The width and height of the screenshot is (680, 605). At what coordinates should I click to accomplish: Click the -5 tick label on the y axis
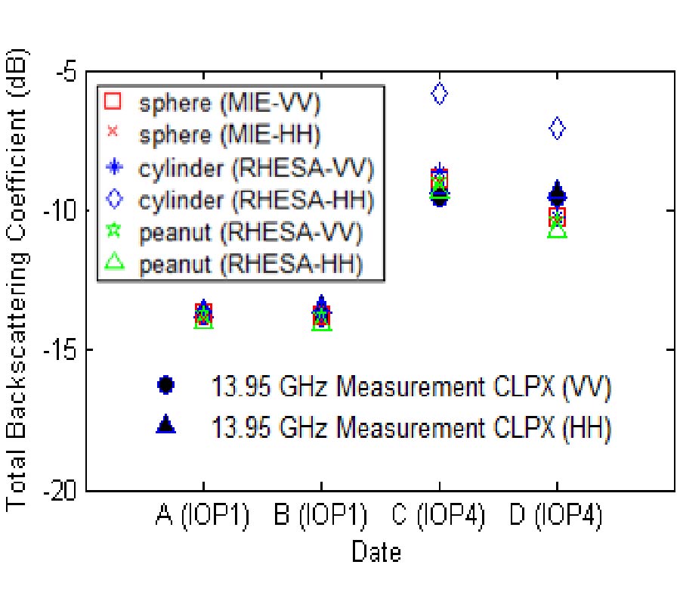pyautogui.click(x=66, y=73)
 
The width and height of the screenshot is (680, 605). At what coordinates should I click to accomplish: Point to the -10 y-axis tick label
pyautogui.click(x=61, y=211)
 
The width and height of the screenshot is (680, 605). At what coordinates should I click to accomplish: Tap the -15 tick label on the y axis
pyautogui.click(x=61, y=351)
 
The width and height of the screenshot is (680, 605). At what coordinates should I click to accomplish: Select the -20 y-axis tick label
pyautogui.click(x=61, y=490)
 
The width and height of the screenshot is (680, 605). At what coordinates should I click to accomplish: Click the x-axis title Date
pyautogui.click(x=376, y=552)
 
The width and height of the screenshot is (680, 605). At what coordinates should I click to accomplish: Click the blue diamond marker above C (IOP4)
pyautogui.click(x=439, y=94)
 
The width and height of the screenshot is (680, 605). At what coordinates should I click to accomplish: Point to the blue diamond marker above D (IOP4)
pyautogui.click(x=557, y=129)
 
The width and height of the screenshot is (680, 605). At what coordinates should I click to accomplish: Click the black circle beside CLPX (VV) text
pyautogui.click(x=165, y=385)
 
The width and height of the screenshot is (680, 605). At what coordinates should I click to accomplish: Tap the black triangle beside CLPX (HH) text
pyautogui.click(x=165, y=426)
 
